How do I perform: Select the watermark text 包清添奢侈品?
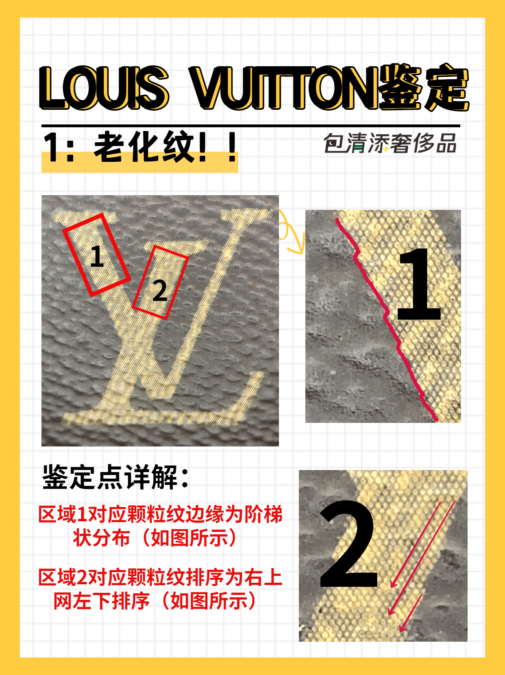click(x=390, y=144)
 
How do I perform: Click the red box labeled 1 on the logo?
click(x=96, y=255)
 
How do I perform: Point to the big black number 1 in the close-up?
click(x=419, y=285)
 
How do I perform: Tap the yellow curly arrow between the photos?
click(x=291, y=234)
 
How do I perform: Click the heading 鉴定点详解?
click(x=116, y=477)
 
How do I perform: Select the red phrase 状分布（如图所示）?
click(x=155, y=538)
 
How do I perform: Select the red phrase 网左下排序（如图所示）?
click(x=155, y=601)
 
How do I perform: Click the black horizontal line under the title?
click(x=250, y=126)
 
